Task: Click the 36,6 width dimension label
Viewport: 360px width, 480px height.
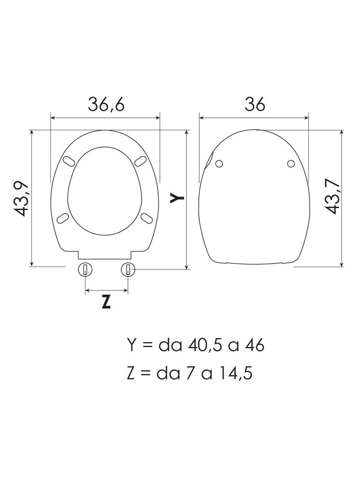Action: click(x=106, y=105)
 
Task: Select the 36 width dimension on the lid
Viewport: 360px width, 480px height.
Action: click(x=254, y=105)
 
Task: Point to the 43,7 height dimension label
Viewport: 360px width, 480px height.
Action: click(x=333, y=197)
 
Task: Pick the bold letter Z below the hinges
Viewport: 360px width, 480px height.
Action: click(x=106, y=302)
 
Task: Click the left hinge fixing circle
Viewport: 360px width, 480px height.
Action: click(x=85, y=269)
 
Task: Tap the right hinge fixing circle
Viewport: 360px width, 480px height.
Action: click(x=127, y=269)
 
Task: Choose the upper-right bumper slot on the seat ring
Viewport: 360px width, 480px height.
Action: click(x=141, y=161)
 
